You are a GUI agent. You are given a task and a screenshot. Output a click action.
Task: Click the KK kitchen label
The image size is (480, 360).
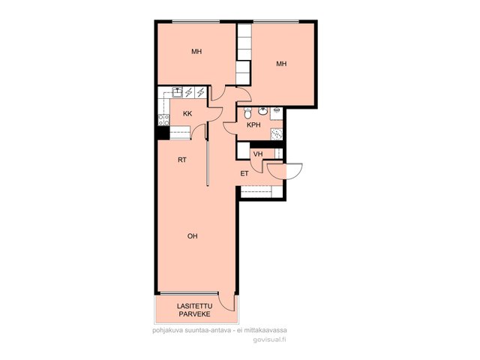pyautogui.click(x=187, y=114)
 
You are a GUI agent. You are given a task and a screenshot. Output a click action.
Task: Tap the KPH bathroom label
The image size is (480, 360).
pyautogui.click(x=253, y=125)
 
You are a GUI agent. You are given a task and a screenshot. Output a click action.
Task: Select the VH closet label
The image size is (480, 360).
pyautogui.click(x=258, y=154)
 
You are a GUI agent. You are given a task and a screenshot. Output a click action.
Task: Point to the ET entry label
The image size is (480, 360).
pyautogui.click(x=244, y=174)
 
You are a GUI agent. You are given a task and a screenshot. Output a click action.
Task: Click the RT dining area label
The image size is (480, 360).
pyautogui.click(x=182, y=160)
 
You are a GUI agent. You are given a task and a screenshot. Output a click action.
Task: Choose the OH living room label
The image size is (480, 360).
pyautogui.click(x=193, y=236)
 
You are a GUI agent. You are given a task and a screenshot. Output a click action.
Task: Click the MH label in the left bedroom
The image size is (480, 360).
pyautogui.click(x=196, y=52)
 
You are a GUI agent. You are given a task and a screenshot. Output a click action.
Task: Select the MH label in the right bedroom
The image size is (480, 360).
pyautogui.click(x=282, y=64)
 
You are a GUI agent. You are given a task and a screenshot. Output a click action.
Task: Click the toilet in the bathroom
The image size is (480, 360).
pyautogui.click(x=247, y=112)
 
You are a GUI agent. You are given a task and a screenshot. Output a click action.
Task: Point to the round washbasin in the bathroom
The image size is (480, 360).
pyautogui.click(x=262, y=111)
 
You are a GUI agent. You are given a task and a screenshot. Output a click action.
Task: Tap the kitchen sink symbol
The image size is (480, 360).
pyautogui.click(x=178, y=91)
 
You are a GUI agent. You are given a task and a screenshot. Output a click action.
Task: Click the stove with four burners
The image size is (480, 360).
pyautogui.click(x=163, y=119)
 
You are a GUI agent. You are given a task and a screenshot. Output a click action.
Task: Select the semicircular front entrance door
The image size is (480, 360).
pyautogui.click(x=285, y=172)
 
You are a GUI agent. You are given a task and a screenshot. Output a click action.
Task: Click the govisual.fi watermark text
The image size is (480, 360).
pyautogui.click(x=270, y=340)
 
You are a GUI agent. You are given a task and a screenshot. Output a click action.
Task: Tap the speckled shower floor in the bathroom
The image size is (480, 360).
pyautogui.click(x=277, y=134)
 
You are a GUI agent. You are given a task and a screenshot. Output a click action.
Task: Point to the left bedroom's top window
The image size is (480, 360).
pyautogui.click(x=196, y=22)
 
